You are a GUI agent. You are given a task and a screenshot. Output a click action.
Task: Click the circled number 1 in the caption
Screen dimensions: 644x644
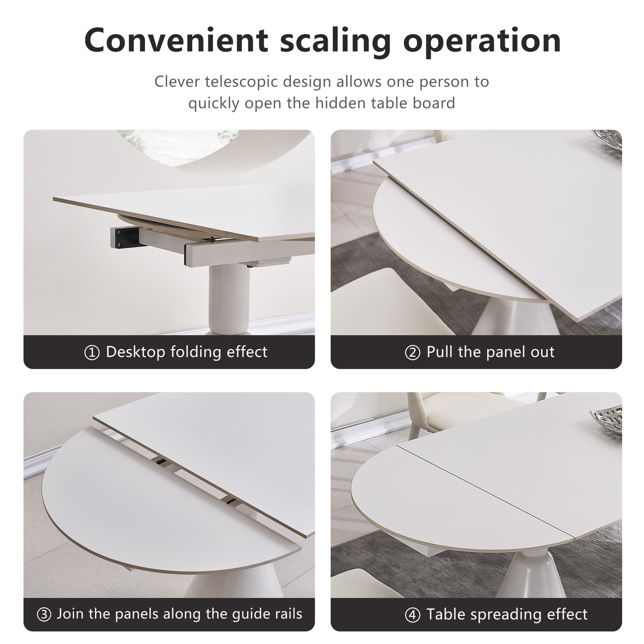pyautogui.click(x=92, y=353)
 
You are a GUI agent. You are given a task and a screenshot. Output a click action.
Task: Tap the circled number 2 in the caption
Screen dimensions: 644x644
pyautogui.click(x=412, y=353)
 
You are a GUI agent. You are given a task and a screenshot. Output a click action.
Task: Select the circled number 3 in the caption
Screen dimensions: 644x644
pyautogui.click(x=44, y=615)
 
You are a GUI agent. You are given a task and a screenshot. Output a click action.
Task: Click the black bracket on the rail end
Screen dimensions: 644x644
pyautogui.click(x=125, y=237)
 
